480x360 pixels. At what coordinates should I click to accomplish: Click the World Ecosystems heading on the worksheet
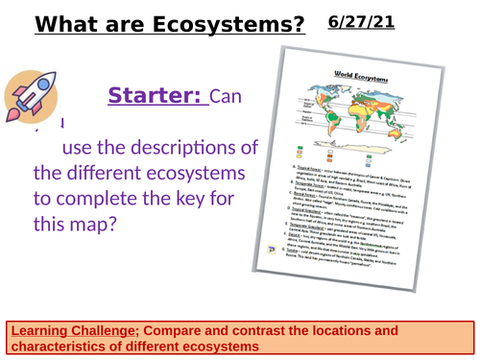pyautogui.click(x=343, y=73)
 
